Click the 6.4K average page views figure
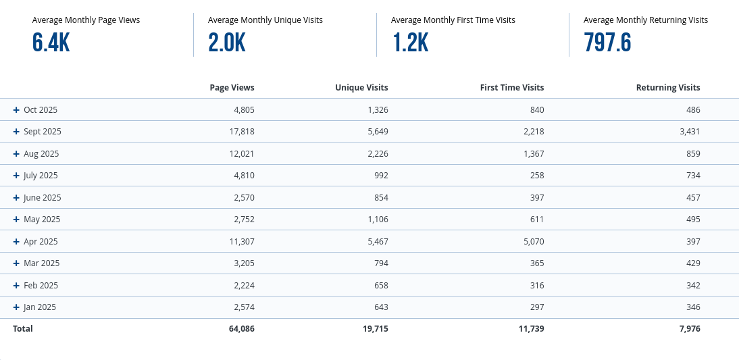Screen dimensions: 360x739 [51, 43]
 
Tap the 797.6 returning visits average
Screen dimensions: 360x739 [607, 43]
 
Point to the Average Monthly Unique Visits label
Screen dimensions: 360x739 [265, 20]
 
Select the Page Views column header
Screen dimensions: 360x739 [232, 87]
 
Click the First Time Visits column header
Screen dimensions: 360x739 [511, 87]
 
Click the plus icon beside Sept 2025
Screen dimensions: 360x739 [16, 132]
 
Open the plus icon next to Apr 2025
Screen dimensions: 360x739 [16, 242]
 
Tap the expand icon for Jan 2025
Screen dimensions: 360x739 [16, 307]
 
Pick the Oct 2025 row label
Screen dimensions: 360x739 [41, 109]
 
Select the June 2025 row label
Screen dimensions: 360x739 [42, 198]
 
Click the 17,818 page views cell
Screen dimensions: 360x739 [240, 132]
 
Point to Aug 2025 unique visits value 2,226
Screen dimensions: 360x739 [376, 153]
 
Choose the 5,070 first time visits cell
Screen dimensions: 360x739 [532, 242]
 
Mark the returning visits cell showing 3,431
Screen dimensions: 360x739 [688, 132]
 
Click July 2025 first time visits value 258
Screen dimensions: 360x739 [536, 176]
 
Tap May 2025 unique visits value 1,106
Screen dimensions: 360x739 [376, 220]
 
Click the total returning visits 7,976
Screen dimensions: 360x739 [688, 329]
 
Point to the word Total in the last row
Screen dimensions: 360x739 [22, 329]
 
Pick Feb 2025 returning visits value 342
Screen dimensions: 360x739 [692, 286]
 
